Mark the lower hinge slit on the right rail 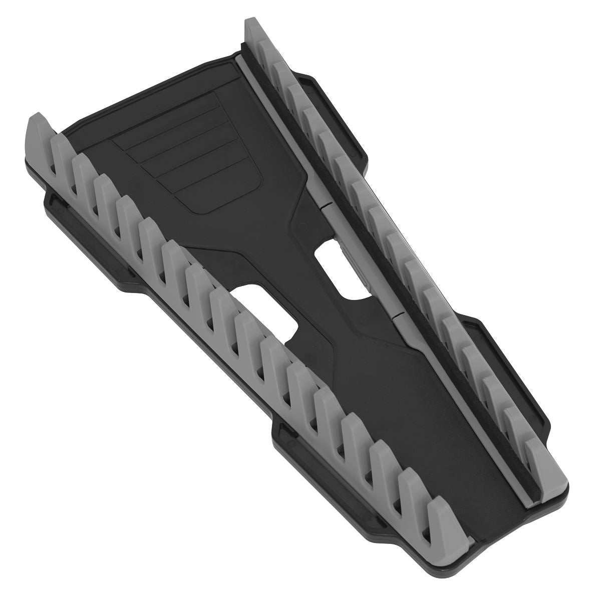(396, 316)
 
